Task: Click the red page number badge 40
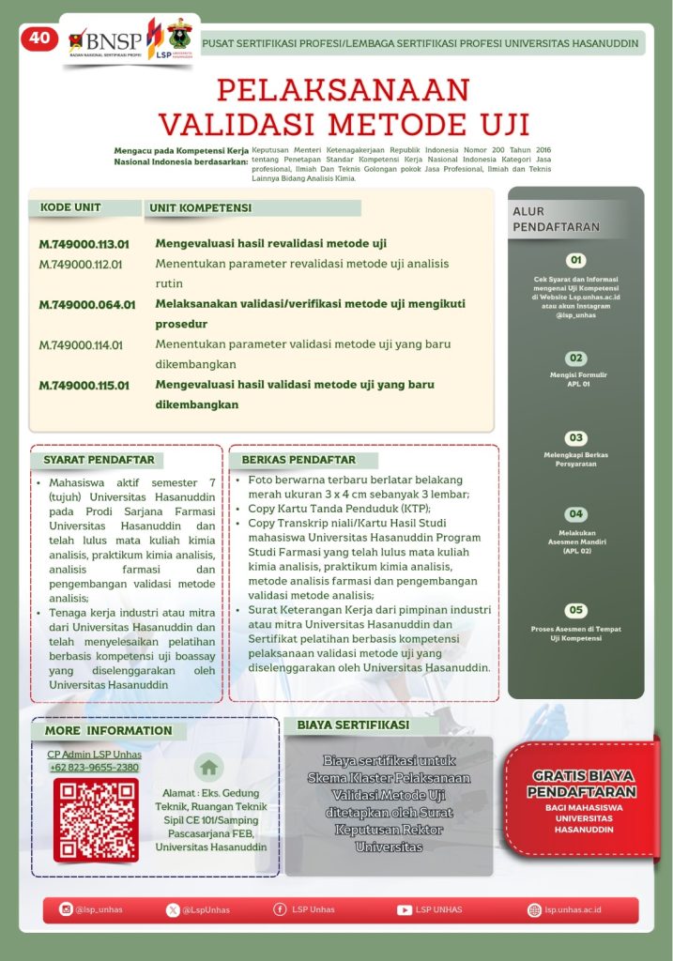tap(38, 38)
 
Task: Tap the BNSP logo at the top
tap(105, 40)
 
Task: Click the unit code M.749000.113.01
tap(83, 243)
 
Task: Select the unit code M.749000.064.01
tap(87, 304)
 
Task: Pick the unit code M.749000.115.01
tap(84, 385)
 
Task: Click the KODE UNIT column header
tap(70, 207)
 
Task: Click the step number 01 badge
tap(576, 260)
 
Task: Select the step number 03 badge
tap(576, 438)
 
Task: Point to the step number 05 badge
tap(576, 611)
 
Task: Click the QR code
tap(95, 819)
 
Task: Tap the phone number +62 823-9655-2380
tap(95, 767)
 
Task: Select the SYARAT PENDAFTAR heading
tap(99, 460)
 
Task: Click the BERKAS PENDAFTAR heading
tap(298, 460)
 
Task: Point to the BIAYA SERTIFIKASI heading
tap(353, 725)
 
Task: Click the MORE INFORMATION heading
tap(108, 730)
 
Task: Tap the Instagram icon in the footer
tap(66, 909)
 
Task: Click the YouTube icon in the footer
tap(405, 909)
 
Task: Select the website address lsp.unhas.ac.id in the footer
tap(573, 909)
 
